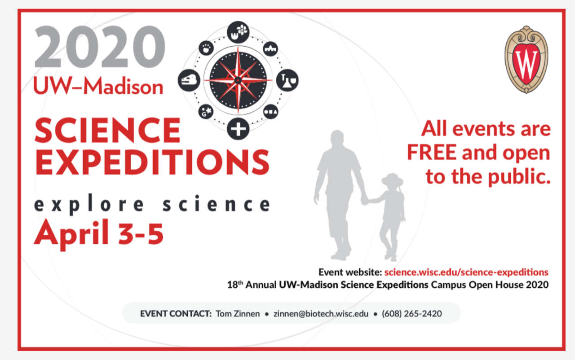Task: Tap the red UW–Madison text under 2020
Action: coord(98,86)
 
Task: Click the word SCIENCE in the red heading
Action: coord(107,130)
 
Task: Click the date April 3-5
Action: coord(98,233)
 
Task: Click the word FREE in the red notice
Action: coord(433,153)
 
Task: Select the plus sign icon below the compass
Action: coord(238,129)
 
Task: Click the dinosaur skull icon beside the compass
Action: coord(189,81)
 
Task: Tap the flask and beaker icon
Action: coord(287,80)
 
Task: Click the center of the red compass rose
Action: coord(238,80)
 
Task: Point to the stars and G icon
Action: coord(206,111)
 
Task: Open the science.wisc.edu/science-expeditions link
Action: coord(466,272)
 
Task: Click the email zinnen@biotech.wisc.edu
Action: coord(321,314)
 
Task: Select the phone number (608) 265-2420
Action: coord(411,314)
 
